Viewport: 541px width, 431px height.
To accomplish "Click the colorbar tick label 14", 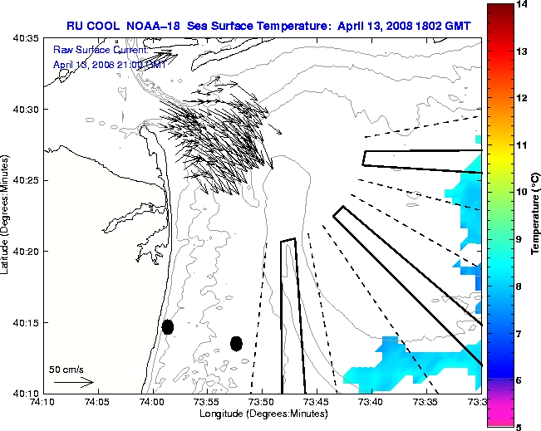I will [x=521, y=5].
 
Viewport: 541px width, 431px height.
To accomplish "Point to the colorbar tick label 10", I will [x=521, y=192].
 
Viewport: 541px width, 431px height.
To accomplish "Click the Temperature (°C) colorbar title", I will [x=535, y=216].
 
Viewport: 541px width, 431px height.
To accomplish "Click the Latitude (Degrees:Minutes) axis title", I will [x=7, y=216].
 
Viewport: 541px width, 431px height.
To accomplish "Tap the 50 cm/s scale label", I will [x=66, y=369].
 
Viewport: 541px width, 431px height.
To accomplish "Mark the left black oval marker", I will [x=168, y=326].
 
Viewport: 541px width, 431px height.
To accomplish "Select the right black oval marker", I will [x=236, y=343].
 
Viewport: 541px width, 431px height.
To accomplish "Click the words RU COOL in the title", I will [x=93, y=26].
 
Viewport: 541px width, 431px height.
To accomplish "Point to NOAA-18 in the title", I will [x=153, y=26].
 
